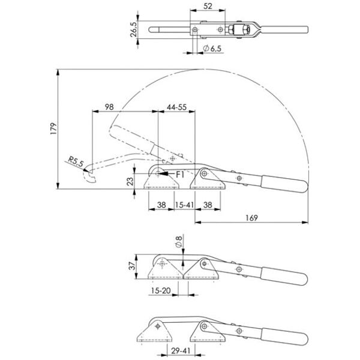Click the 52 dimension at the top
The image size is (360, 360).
[x=207, y=6]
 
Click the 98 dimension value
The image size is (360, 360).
[x=109, y=106]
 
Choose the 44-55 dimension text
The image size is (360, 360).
[x=175, y=106]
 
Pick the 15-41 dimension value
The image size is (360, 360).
[x=184, y=204]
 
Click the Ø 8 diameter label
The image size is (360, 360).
[x=178, y=242]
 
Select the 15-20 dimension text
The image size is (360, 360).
[x=161, y=291]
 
